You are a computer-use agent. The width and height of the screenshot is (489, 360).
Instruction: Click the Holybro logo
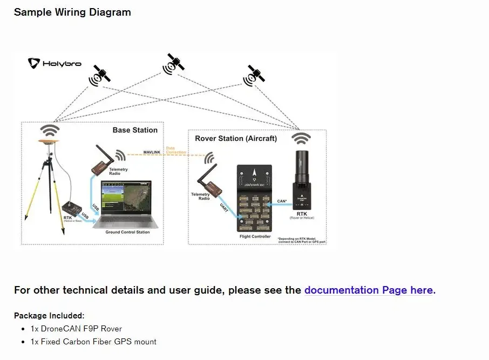(55, 63)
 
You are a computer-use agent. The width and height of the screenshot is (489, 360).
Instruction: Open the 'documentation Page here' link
(369, 290)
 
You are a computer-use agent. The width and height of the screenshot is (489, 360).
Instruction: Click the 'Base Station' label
(135, 130)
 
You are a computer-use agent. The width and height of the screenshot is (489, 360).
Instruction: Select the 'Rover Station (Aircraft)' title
(236, 139)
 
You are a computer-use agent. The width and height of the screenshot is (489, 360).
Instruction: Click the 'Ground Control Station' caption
(128, 232)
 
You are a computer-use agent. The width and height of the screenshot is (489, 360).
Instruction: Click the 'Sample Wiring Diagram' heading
(72, 12)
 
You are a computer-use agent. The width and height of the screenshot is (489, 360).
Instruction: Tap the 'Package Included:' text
(49, 316)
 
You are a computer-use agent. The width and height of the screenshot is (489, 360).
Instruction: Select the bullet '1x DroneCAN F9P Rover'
(76, 329)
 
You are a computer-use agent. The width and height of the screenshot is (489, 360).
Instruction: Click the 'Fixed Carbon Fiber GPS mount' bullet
(93, 342)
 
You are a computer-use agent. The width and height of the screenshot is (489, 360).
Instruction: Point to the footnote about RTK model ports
(301, 240)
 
